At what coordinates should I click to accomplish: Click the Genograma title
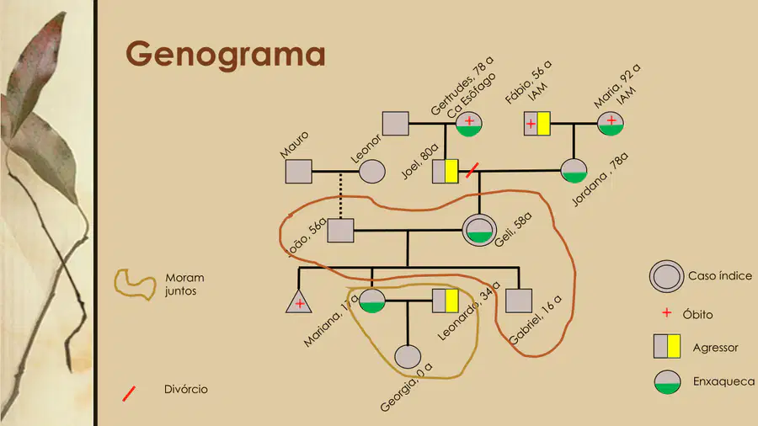tap(225, 55)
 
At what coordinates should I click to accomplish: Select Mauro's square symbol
tap(299, 172)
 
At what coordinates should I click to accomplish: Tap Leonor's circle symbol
tap(371, 172)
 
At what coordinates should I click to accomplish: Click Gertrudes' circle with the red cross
tap(469, 124)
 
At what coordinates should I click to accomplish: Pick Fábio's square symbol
tap(537, 124)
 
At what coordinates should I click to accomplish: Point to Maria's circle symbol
tap(611, 124)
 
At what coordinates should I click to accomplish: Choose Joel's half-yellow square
tap(446, 172)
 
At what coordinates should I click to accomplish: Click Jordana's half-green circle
tap(574, 171)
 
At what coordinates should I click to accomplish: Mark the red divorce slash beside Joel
tap(472, 170)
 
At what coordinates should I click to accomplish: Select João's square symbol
tap(341, 231)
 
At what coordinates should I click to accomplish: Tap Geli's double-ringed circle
tap(479, 231)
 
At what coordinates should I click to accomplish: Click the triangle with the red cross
tap(299, 302)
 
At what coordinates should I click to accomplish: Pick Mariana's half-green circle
tap(372, 301)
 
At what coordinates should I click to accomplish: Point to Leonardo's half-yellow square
tap(446, 301)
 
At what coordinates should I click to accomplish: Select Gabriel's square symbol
tap(519, 301)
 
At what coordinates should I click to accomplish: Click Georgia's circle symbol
tap(408, 357)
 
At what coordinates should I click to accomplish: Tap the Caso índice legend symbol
tap(666, 276)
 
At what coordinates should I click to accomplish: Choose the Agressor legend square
tap(667, 346)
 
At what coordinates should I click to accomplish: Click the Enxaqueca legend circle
tap(668, 382)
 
